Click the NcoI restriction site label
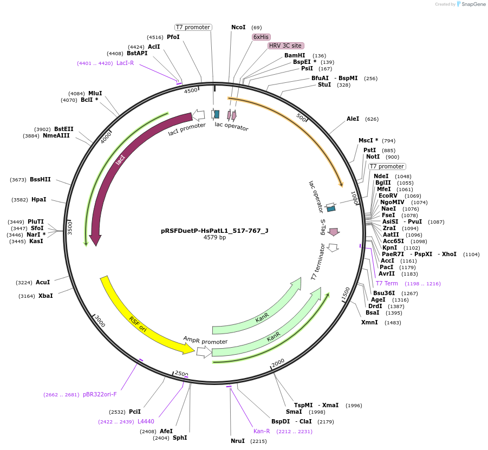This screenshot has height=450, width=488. [x=238, y=27]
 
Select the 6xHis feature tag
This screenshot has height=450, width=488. [x=261, y=37]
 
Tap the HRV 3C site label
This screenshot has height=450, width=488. [x=285, y=45]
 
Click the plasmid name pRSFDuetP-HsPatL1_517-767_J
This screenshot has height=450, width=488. [x=214, y=230]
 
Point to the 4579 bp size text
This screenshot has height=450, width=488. [x=214, y=237]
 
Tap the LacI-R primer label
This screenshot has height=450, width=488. [x=125, y=63]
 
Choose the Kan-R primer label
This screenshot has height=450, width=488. [x=262, y=431]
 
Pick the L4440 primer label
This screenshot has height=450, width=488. [x=146, y=421]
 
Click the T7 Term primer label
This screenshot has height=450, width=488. [x=387, y=283]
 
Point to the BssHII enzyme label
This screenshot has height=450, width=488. [x=40, y=179]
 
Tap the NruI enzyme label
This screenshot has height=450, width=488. [x=238, y=441]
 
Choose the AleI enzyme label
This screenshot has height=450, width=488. [x=353, y=119]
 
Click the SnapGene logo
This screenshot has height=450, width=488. [x=471, y=4]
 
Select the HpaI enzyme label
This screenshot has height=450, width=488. [x=39, y=199]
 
